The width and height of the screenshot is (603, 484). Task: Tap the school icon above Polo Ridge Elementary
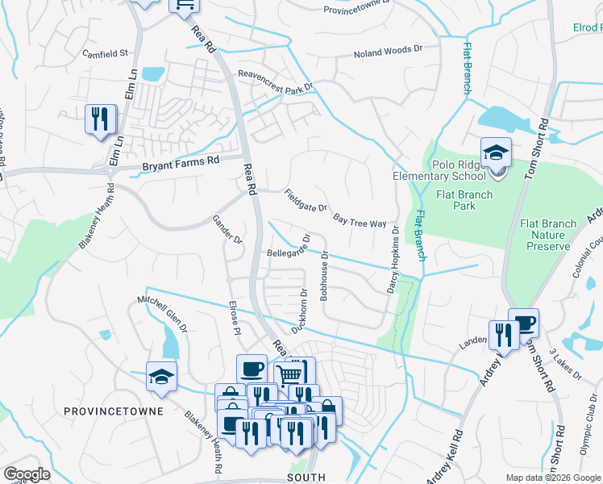(496, 152)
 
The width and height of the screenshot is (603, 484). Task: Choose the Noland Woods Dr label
(388, 52)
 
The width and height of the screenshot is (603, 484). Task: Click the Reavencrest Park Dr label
(274, 81)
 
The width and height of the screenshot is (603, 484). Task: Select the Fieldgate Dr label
(306, 200)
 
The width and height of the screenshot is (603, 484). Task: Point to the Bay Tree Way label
(360, 220)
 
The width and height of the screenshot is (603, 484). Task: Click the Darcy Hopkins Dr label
(396, 258)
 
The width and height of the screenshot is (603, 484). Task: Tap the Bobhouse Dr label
(324, 276)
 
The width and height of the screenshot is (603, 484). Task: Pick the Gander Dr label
(227, 228)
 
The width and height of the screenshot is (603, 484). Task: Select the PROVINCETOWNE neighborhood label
(114, 411)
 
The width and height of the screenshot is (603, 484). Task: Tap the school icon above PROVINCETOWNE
(161, 376)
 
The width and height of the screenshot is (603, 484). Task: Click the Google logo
(27, 474)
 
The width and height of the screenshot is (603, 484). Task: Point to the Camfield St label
(106, 54)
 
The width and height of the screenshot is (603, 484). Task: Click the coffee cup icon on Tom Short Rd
(524, 323)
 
